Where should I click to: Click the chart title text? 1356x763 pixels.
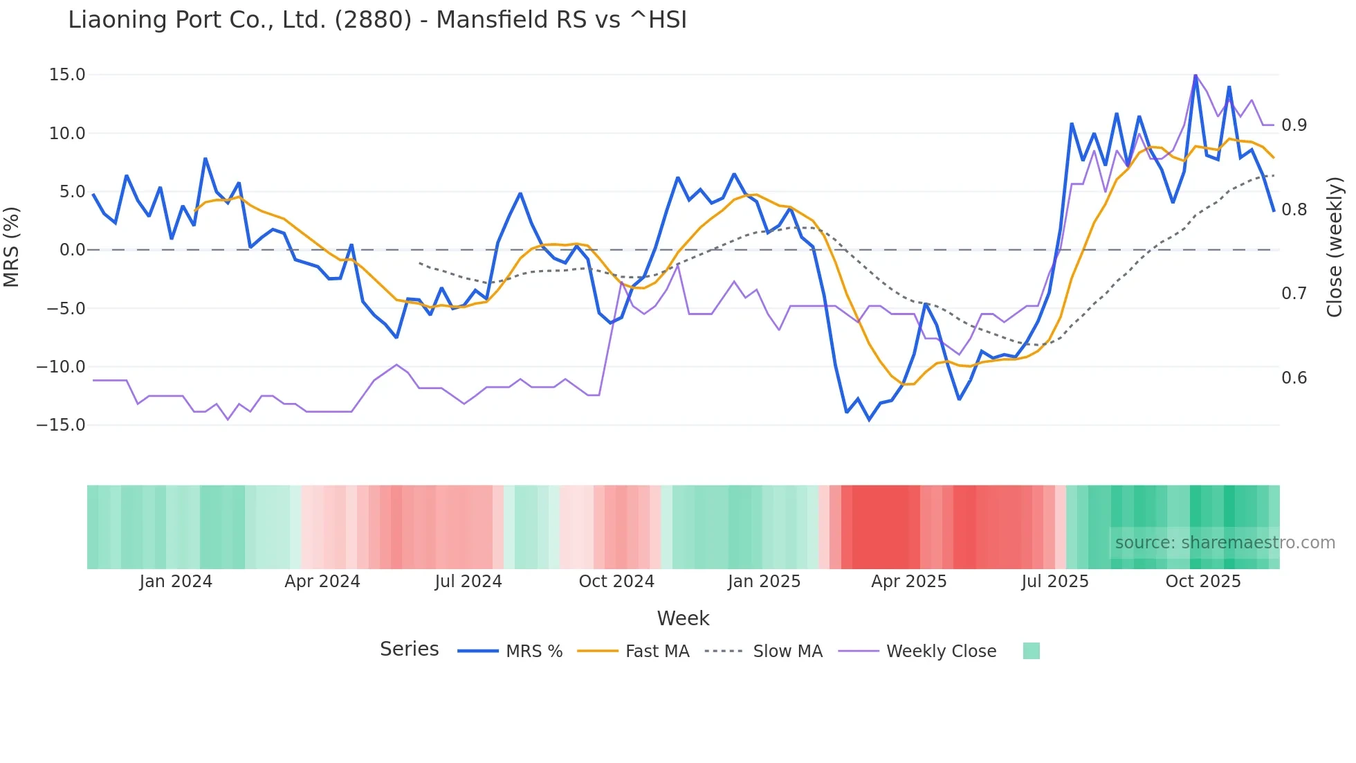[377, 20]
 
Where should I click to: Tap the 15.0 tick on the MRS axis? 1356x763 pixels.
[67, 75]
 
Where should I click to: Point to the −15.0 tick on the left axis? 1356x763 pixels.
[61, 425]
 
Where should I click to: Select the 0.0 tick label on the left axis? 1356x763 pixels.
[72, 250]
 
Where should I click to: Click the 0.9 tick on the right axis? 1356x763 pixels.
[1294, 125]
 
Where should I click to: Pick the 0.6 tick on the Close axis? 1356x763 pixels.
[1294, 378]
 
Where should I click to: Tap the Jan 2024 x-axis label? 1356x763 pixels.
[176, 582]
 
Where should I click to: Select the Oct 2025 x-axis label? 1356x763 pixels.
[1203, 582]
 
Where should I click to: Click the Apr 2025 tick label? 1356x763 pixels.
[908, 582]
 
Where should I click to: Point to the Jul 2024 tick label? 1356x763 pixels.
[468, 582]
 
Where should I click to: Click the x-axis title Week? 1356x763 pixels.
[683, 618]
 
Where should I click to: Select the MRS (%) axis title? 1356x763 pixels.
[12, 247]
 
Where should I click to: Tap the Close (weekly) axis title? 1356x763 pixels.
[1335, 247]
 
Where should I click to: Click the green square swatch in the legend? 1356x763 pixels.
[1031, 651]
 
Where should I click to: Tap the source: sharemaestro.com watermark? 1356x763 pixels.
[1225, 543]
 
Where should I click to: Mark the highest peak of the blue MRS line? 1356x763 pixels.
[1195, 75]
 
